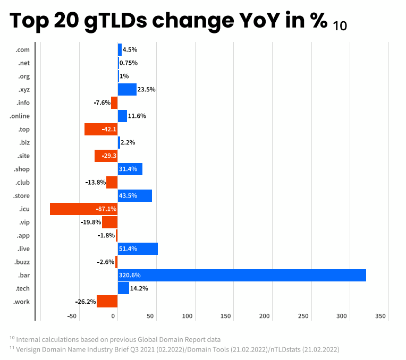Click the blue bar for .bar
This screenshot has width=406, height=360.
[242, 275]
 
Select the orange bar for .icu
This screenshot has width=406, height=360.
[83, 209]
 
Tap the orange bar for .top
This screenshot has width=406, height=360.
[101, 129]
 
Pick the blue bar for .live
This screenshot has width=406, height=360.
[138, 248]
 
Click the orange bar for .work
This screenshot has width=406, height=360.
[107, 302]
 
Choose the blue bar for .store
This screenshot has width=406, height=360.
[135, 195]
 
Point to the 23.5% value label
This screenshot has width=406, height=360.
[147, 89]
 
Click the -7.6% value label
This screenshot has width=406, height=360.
[101, 102]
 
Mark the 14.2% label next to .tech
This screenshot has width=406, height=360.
[139, 288]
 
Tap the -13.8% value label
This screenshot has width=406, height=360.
[95, 182]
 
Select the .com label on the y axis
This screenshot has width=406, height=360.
[22, 49]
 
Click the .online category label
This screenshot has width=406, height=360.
[20, 116]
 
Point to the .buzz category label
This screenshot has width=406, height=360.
[22, 262]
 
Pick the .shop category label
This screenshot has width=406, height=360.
[22, 169]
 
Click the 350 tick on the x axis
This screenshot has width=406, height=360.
[380, 316]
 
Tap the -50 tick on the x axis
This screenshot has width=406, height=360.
[72, 316]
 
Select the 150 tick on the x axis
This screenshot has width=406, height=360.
[226, 316]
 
